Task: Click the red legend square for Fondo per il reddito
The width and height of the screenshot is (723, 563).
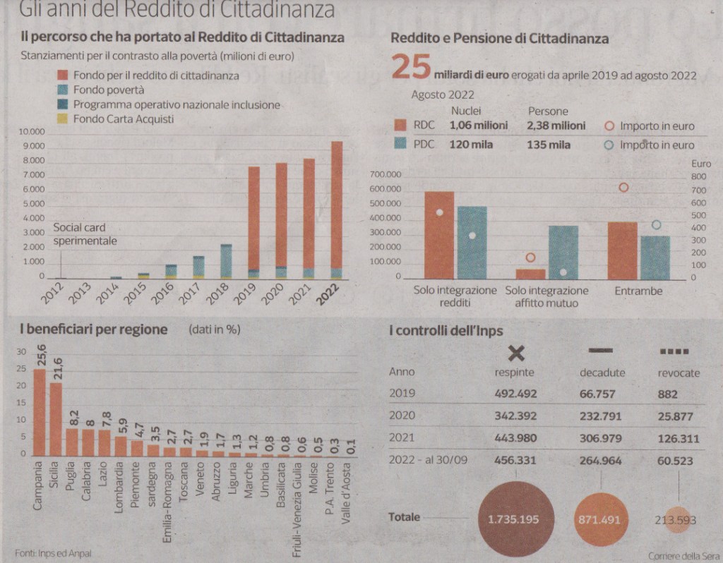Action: (61, 75)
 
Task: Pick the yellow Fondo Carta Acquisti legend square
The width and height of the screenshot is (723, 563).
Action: (61, 119)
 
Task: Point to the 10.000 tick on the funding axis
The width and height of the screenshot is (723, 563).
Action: (32, 132)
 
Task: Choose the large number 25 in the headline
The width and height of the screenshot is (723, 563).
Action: (410, 70)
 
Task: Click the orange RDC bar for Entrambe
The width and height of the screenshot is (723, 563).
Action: (622, 250)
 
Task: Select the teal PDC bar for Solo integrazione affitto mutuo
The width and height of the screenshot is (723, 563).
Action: (563, 253)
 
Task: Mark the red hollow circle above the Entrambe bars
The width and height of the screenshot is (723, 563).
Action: (623, 188)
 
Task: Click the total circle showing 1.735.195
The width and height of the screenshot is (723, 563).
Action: (513, 520)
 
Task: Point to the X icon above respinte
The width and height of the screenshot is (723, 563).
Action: (516, 353)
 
